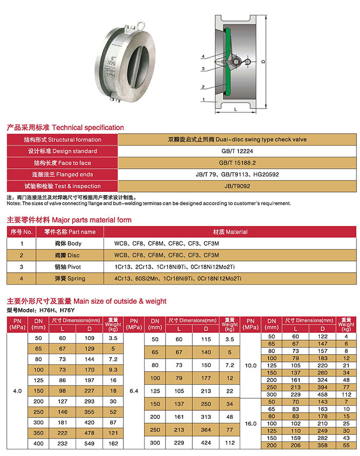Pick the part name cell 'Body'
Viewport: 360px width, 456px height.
tap(68, 243)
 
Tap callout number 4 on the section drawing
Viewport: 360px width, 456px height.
tap(204, 56)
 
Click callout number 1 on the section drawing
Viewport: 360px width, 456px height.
tap(204, 100)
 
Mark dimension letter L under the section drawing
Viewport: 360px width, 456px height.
tap(235, 109)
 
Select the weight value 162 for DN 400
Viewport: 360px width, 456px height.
tap(113, 443)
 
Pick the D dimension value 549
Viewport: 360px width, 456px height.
tap(89, 443)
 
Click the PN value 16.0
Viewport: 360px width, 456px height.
tap(251, 424)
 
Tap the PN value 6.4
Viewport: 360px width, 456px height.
tap(135, 391)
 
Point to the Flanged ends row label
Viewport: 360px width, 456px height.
tap(63, 174)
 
